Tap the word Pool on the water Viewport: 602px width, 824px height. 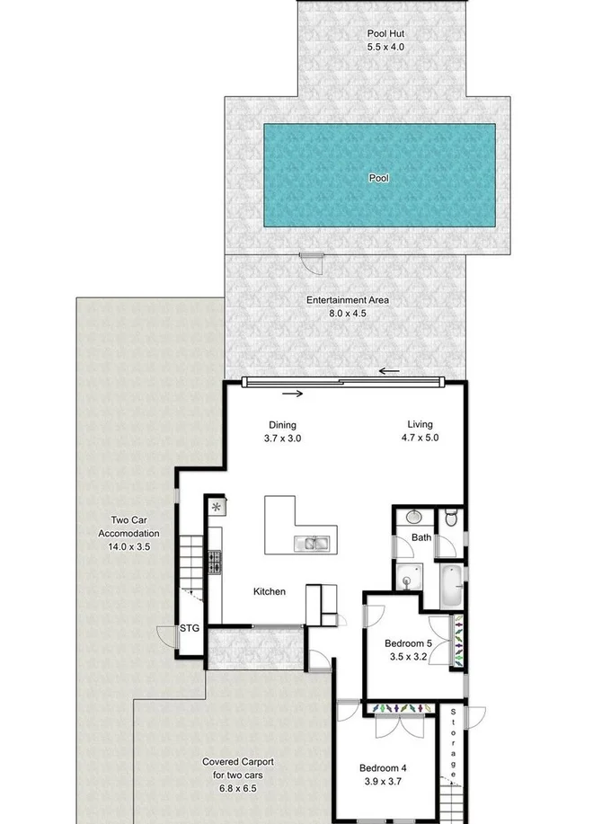379,178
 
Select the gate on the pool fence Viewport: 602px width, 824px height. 311,262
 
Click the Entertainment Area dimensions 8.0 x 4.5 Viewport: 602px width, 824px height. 348,315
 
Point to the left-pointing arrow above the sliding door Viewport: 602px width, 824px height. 388,370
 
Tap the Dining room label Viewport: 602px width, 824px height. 282,425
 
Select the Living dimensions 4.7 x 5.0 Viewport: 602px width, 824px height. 420,439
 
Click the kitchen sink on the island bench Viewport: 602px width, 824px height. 312,543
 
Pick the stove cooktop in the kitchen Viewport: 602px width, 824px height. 215,563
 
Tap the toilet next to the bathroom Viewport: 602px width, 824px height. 450,518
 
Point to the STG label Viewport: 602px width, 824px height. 189,627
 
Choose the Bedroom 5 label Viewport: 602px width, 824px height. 408,643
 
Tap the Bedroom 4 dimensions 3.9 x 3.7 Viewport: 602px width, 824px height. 383,781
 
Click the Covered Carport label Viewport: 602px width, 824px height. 237,762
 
